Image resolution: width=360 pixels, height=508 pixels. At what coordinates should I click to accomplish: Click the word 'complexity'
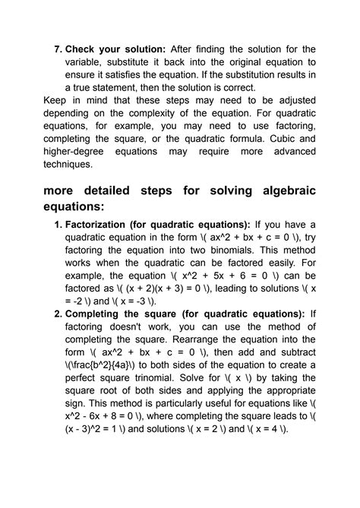coord(185,113)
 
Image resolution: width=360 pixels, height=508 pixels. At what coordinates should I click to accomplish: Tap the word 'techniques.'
coord(68,164)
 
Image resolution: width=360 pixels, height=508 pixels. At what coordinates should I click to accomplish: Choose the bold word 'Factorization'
coord(102,225)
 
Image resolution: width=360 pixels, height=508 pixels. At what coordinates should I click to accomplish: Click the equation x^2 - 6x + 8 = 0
coord(118,417)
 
